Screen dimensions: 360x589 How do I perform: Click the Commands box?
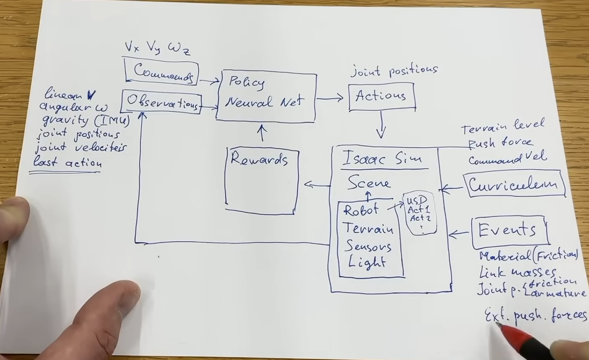click(x=162, y=72)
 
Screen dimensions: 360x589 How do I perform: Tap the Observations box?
click(x=162, y=102)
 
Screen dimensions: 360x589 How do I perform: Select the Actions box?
click(x=381, y=96)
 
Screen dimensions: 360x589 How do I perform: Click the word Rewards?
click(x=259, y=159)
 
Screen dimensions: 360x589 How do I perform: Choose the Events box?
click(x=509, y=231)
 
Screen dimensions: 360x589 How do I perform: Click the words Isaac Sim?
click(x=382, y=159)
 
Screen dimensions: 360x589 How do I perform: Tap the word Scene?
click(x=369, y=183)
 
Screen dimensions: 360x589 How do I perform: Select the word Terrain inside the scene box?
click(x=368, y=228)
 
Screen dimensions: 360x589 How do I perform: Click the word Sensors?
click(x=368, y=246)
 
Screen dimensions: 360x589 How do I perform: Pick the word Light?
click(x=367, y=262)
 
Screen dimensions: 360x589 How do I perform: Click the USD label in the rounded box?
click(x=417, y=200)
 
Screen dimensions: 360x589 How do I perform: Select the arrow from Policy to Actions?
click(x=330, y=98)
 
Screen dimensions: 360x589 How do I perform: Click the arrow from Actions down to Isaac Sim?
click(x=381, y=124)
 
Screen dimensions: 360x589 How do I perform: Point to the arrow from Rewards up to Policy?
click(x=262, y=133)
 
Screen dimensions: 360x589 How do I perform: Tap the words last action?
click(x=67, y=163)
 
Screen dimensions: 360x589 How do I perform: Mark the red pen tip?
click(x=499, y=325)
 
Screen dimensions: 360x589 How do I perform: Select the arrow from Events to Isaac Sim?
click(x=459, y=234)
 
